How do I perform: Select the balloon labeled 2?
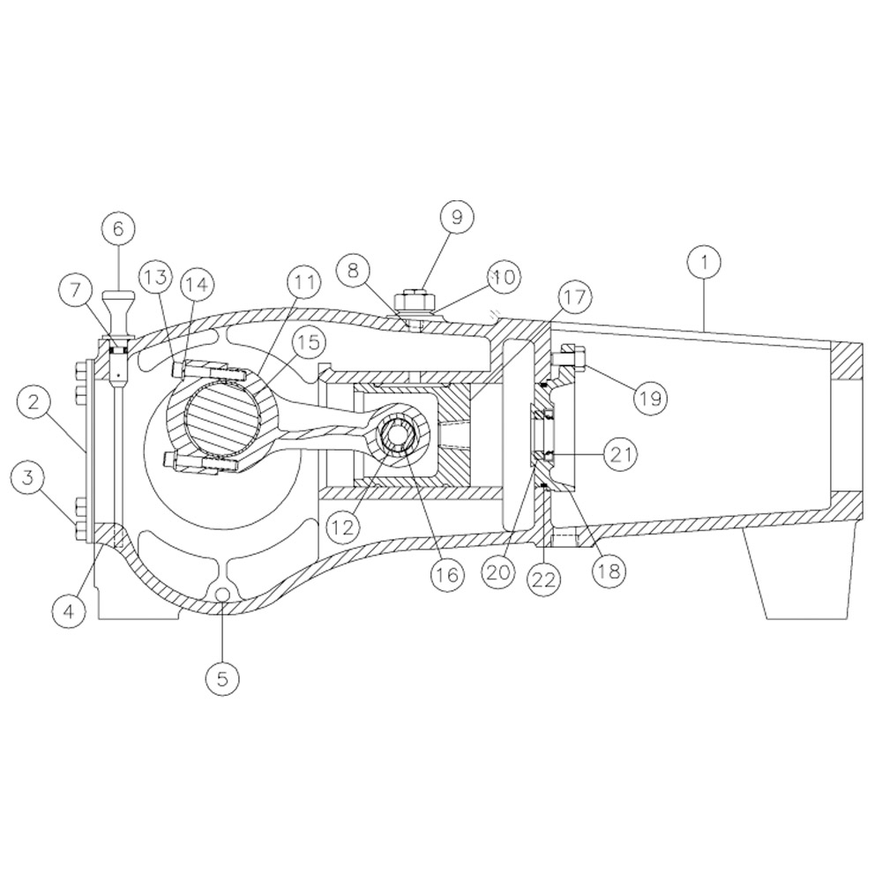34,401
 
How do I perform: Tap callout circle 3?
28,477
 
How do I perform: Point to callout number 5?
223,678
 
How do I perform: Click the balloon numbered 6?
118,228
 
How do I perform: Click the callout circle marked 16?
447,574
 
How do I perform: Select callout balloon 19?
650,399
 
